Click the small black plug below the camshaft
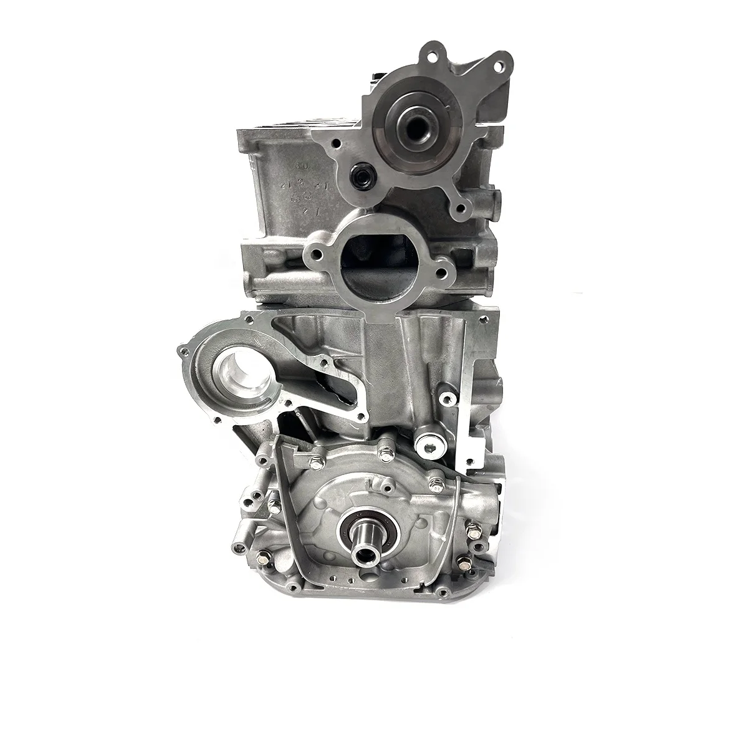pyautogui.click(x=360, y=188)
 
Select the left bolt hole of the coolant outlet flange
pyautogui.click(x=315, y=255)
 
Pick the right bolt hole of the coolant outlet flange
pyautogui.click(x=443, y=272)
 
